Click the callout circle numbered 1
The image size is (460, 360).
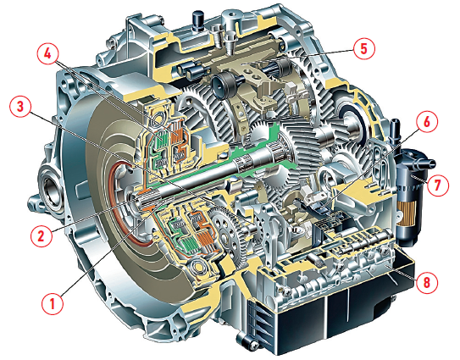[x=53, y=303]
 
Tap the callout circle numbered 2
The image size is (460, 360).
[x=41, y=235]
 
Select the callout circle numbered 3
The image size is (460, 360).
[x=20, y=107]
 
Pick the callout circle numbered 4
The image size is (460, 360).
[x=47, y=54]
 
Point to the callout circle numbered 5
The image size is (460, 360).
[x=364, y=48]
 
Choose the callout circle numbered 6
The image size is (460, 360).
[x=427, y=121]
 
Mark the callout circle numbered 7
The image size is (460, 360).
[x=437, y=186]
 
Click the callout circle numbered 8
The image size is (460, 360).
[x=427, y=282]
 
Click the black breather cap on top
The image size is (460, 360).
[x=197, y=20]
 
